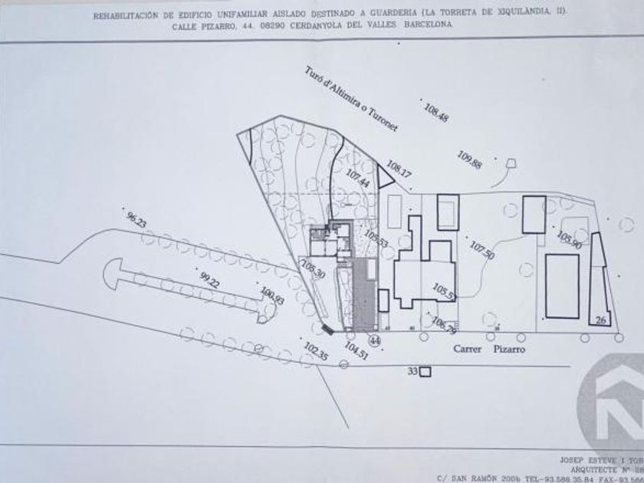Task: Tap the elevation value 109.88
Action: tap(469, 159)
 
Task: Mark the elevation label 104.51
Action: tap(356, 350)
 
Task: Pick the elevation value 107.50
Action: tap(482, 251)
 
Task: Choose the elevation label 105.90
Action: tap(570, 239)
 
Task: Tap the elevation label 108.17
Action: tap(399, 169)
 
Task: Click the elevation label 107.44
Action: tap(358, 179)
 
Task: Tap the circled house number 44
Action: tap(375, 340)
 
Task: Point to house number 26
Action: tap(601, 320)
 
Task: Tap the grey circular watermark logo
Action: tap(613, 402)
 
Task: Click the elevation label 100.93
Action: tap(272, 295)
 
